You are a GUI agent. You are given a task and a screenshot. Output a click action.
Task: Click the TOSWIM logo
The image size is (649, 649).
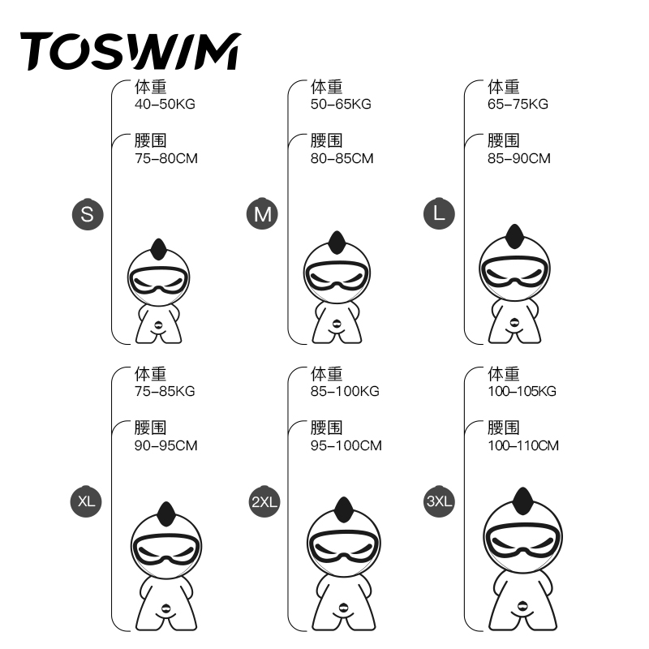tap(130, 50)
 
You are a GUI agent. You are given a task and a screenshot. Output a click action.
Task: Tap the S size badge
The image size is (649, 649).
tap(88, 214)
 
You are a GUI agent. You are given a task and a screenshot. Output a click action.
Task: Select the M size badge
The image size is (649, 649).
tap(262, 214)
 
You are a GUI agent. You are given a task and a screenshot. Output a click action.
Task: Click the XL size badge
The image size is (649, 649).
tap(88, 501)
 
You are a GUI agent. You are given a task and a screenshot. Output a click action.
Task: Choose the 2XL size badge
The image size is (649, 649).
tap(264, 501)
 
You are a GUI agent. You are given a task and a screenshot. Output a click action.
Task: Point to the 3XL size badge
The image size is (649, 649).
tap(440, 501)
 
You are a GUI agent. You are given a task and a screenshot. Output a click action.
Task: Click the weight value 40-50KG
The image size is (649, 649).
tap(165, 104)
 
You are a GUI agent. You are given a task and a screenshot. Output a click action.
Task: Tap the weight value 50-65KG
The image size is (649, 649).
tap(341, 104)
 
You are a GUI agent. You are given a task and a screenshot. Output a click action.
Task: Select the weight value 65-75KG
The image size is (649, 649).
tap(518, 104)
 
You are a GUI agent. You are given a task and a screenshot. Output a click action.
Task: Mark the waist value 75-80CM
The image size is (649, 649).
tap(166, 158)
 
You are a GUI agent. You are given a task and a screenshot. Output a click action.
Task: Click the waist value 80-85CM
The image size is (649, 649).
tap(342, 158)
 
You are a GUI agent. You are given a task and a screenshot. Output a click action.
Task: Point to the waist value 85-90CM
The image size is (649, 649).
tap(518, 158)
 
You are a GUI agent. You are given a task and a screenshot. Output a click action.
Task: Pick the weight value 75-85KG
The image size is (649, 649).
tap(165, 391)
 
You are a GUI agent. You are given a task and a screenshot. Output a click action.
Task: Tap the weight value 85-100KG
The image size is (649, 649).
tap(345, 391)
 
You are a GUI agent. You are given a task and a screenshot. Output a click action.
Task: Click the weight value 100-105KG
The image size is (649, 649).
tap(522, 391)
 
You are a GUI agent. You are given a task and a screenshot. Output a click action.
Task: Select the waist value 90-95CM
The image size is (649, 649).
tap(166, 445)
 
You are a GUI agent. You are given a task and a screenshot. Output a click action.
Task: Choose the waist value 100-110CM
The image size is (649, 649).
tap(523, 445)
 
